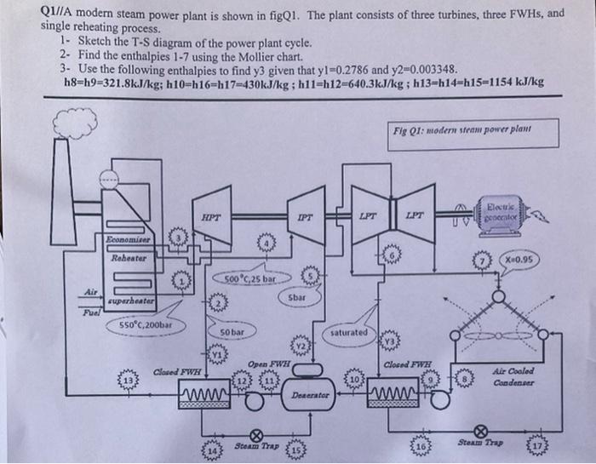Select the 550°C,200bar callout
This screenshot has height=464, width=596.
146,324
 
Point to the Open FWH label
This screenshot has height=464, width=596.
268,364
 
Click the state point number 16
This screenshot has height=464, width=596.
421,444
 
